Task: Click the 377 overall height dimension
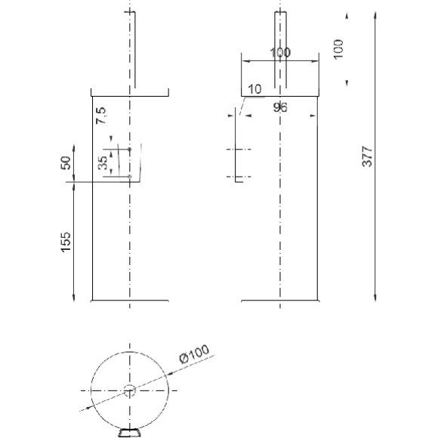tap(368, 156)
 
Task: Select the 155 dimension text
tap(66, 242)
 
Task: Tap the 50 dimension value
tap(66, 163)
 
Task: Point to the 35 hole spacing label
tap(103, 162)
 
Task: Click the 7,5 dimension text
tap(101, 116)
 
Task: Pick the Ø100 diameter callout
tap(194, 354)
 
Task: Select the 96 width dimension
tap(280, 107)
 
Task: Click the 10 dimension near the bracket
tap(254, 89)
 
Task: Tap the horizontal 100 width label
tap(280, 53)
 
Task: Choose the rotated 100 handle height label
tap(338, 49)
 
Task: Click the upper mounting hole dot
tap(130, 150)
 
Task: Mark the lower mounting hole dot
tap(130, 177)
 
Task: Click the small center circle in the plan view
tap(130, 390)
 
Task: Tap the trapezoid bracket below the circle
tap(129, 433)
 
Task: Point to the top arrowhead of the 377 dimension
tap(375, 15)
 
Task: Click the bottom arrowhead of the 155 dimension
tap(74, 298)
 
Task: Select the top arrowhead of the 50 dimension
tap(74, 148)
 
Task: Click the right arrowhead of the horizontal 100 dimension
tap(315, 61)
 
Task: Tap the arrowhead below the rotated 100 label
tap(347, 83)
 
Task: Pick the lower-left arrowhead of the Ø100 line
tap(89, 408)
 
